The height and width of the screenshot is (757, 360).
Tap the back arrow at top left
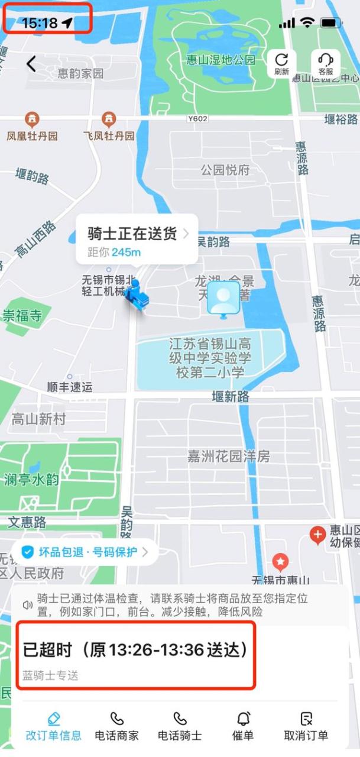[31, 64]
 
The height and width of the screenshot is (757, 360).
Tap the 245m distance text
[127, 253]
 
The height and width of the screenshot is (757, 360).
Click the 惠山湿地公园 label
[221, 60]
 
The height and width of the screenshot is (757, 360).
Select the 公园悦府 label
[225, 170]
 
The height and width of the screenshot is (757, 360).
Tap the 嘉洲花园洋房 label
[229, 456]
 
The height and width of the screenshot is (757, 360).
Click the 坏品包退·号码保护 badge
[85, 552]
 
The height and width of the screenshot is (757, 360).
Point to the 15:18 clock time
[40, 24]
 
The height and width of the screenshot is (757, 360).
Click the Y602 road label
[197, 119]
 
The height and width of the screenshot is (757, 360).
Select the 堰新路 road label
[231, 397]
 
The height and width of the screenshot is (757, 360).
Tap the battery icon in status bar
[330, 23]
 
